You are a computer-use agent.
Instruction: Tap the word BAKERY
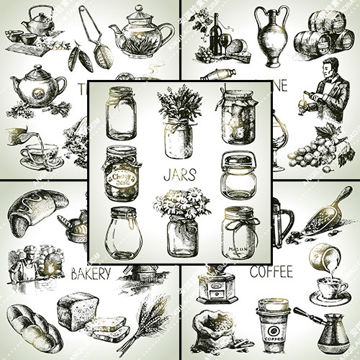point(90,273)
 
